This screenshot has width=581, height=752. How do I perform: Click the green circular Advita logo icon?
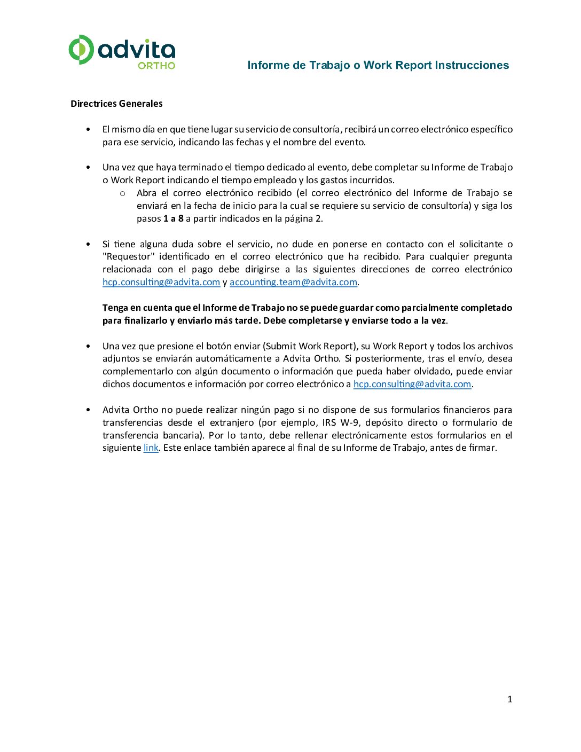[x=81, y=50]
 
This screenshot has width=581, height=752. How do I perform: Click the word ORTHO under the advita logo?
[x=156, y=66]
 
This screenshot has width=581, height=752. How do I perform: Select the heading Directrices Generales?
[x=116, y=104]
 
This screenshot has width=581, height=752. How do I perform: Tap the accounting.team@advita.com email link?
[x=293, y=282]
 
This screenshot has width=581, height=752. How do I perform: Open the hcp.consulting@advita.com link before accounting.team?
[x=161, y=282]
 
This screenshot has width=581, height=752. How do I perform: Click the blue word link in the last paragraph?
[x=151, y=448]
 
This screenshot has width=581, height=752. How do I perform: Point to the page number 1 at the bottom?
[x=509, y=699]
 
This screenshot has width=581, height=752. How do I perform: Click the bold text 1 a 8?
[x=174, y=218]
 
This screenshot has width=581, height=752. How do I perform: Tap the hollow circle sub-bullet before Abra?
[x=123, y=193]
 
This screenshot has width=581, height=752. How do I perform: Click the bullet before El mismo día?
[x=88, y=129]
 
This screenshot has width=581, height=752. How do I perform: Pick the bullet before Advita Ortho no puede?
[x=88, y=410]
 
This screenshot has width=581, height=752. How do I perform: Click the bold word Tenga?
[x=115, y=308]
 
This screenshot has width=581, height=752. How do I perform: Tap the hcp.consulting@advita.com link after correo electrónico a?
[x=412, y=384]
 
